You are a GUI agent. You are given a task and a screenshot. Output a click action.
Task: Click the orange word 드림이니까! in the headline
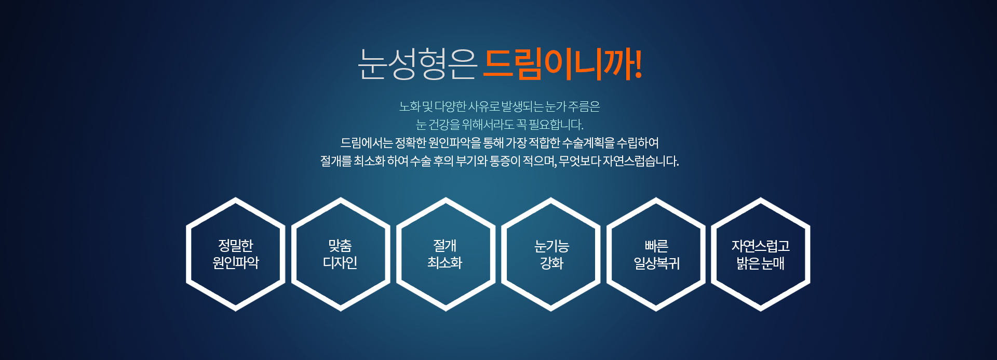pos(563,64)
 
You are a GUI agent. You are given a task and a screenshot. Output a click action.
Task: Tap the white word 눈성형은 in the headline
pos(417,64)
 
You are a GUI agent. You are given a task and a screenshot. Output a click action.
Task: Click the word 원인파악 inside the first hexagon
pos(236,263)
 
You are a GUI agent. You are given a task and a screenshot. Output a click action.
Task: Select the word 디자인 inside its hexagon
pos(340,263)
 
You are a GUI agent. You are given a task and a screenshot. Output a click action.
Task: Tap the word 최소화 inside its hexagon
pos(445,263)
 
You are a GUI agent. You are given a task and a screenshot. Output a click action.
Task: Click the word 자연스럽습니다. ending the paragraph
pos(641,161)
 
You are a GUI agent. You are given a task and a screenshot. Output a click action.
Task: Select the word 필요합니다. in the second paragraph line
pos(556,125)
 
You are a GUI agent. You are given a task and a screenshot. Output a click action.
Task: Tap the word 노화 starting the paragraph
pos(410,106)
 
